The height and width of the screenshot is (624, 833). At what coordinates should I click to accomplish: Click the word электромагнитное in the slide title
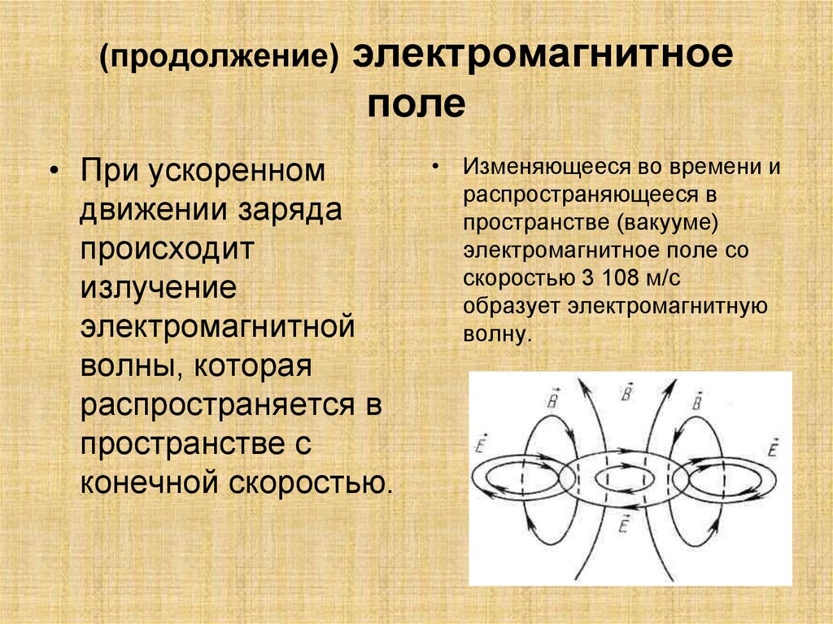543,59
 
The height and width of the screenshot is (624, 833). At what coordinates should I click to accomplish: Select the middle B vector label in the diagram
626,394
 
